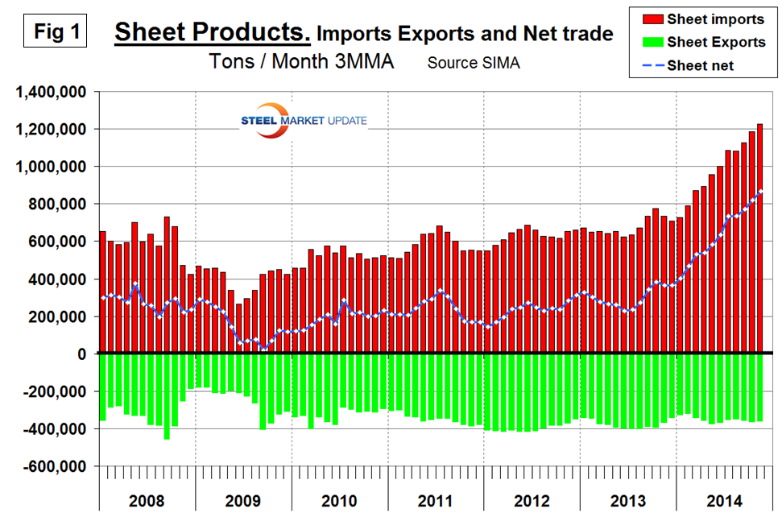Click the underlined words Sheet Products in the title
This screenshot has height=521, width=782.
pos(212,33)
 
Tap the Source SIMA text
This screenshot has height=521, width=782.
pos(474,63)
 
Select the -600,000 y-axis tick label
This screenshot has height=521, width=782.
pos(54,467)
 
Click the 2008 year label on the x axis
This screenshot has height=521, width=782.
pos(147,501)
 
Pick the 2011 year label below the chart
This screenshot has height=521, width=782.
pos(436,501)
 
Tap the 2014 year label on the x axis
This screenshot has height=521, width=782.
pos(724,501)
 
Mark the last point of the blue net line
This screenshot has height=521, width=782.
pos(761,191)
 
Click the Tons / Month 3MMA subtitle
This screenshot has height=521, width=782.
pos(301,61)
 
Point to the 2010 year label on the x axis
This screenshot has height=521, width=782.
pos(339,501)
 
